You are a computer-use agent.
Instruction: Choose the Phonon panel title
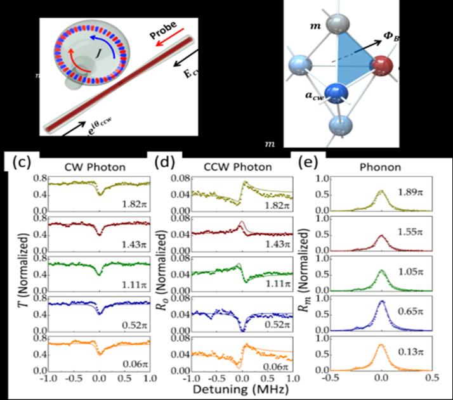point(381,167)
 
